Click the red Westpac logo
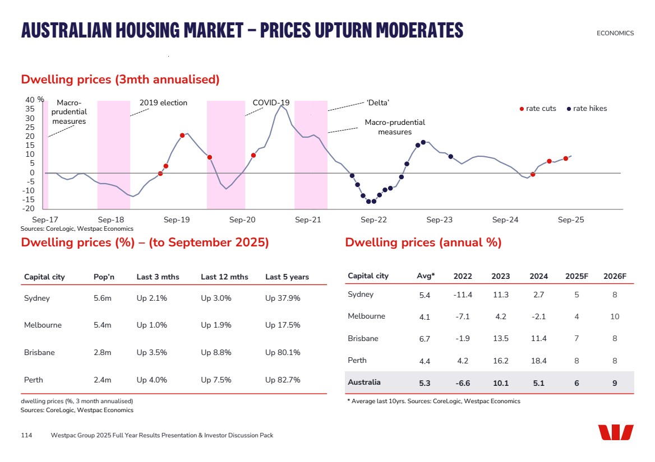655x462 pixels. coord(615,432)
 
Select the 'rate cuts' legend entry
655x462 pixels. coord(538,109)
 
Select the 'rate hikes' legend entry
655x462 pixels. coord(587,109)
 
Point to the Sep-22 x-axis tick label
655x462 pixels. coord(373,220)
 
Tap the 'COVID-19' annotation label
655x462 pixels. coord(271,102)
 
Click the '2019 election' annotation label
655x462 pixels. coord(163,103)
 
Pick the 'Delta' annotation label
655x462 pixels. coord(377,102)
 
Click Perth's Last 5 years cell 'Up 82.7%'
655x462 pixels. coord(283,380)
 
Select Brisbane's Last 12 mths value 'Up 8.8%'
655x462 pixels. coord(216,353)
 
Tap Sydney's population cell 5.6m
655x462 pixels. coord(102,298)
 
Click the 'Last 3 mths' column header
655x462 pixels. coord(158,277)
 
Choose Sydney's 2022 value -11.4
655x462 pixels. coord(463,295)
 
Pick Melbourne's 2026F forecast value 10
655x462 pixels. coord(615,317)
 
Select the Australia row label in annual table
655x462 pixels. coord(364,382)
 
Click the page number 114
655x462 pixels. coord(26,435)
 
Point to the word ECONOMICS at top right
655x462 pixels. coord(615,33)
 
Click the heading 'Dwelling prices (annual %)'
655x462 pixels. coord(423,242)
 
